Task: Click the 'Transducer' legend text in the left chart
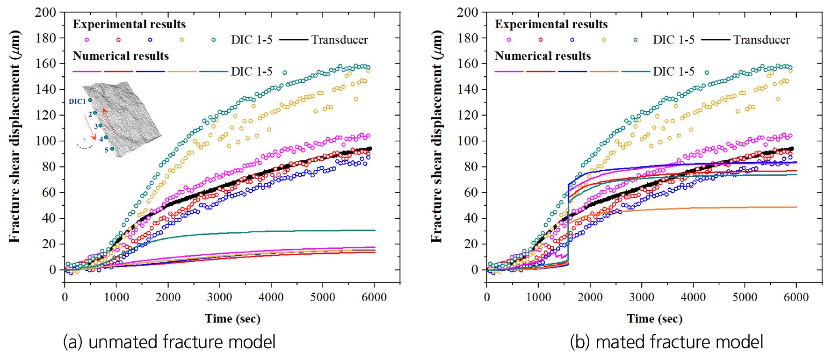[x=340, y=40]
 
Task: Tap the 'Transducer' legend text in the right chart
[x=761, y=40]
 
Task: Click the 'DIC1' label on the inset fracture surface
[x=77, y=101]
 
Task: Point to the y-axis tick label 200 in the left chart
[x=45, y=13]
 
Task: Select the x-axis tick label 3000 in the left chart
[x=219, y=297]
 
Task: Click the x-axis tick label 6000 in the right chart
[x=796, y=297]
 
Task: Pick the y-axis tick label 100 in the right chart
[x=467, y=141]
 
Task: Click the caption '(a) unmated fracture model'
[x=169, y=342]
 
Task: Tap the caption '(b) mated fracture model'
[x=666, y=342]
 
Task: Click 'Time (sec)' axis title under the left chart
[x=232, y=319]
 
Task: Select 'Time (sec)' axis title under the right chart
[x=654, y=319]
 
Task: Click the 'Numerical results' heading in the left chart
[x=121, y=56]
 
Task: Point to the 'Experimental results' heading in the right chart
[x=551, y=24]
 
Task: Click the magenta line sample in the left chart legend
[x=87, y=72]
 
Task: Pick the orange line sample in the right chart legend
[x=604, y=72]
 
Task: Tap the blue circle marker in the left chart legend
[x=150, y=40]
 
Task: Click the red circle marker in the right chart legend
[x=541, y=40]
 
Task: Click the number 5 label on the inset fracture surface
[x=106, y=150]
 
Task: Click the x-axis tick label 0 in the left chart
[x=65, y=297]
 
